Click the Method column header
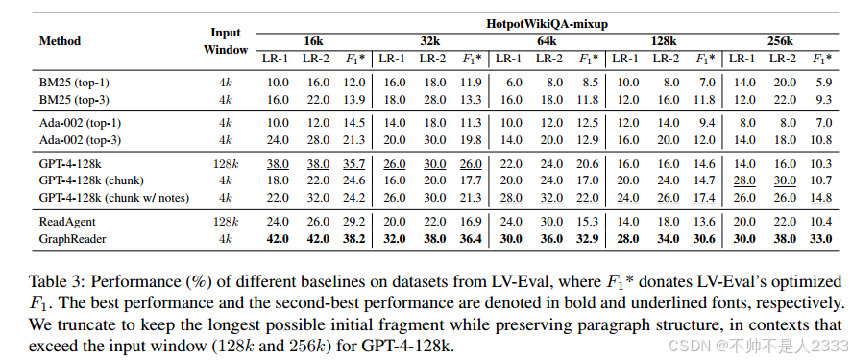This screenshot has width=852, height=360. tap(60, 41)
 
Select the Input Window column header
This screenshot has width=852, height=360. tap(227, 41)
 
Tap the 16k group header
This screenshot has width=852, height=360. tap(313, 41)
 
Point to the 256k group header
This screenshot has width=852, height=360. tap(778, 41)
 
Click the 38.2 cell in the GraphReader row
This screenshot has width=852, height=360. tap(355, 237)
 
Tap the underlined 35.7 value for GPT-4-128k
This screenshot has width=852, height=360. tap(355, 164)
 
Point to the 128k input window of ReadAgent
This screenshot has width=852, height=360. tap(227, 221)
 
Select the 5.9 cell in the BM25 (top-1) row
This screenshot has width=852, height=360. tap(822, 84)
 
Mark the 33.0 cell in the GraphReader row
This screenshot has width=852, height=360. tap(821, 237)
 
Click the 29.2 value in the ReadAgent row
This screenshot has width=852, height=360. tap(355, 221)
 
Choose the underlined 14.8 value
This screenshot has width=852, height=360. tap(821, 196)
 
